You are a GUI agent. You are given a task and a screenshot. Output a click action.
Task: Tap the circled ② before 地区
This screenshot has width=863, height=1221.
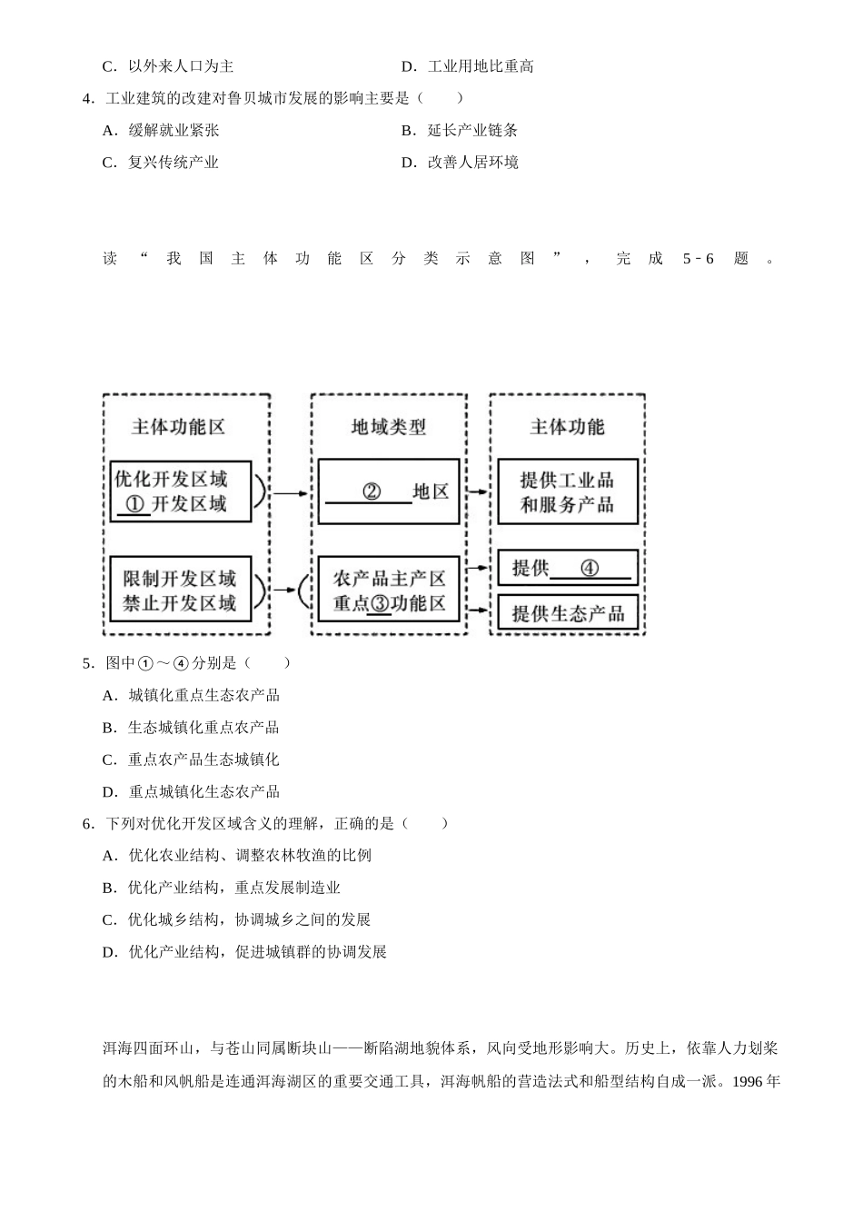pos(372,491)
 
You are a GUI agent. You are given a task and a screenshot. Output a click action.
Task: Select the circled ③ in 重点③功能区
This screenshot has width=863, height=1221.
pos(380,603)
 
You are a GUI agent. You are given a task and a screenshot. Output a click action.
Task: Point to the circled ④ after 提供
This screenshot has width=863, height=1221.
pos(590,569)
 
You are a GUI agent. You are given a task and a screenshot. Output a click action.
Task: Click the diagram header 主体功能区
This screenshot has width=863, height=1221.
pos(178,426)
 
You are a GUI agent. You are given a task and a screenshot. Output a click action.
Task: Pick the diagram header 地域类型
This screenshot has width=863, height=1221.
pos(389,426)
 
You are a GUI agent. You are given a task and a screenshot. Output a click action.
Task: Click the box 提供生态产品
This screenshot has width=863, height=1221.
pos(568,613)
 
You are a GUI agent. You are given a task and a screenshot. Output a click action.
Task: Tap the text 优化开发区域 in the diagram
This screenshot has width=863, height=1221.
pos(171,480)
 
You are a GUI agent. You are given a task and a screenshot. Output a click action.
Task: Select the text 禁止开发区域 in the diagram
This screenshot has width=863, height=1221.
pos(180,603)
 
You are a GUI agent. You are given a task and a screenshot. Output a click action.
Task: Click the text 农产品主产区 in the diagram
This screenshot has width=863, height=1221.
pos(389,579)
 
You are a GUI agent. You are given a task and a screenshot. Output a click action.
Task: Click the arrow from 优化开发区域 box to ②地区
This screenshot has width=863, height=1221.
pos(291,494)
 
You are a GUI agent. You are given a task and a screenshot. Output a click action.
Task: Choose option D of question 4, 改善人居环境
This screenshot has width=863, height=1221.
pos(460,163)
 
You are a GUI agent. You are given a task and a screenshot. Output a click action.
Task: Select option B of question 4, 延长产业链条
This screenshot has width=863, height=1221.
pos(460,130)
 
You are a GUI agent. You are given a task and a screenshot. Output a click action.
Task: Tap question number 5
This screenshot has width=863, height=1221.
pos(88,663)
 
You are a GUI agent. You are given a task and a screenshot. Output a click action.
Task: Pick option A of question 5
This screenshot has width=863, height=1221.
pos(191,695)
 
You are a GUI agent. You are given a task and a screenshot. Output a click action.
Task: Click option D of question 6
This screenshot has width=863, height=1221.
pos(244,952)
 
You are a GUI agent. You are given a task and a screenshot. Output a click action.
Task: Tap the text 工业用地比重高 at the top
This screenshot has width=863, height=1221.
pos(481,66)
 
